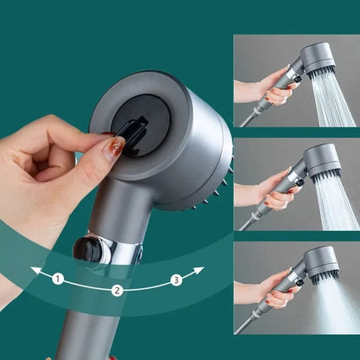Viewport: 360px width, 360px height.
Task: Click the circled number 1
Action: click(58, 279)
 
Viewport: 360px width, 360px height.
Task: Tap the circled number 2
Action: click(118, 291)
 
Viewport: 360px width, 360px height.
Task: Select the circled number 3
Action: click(176, 279)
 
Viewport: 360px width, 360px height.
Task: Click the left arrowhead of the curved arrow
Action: click(35, 270)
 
